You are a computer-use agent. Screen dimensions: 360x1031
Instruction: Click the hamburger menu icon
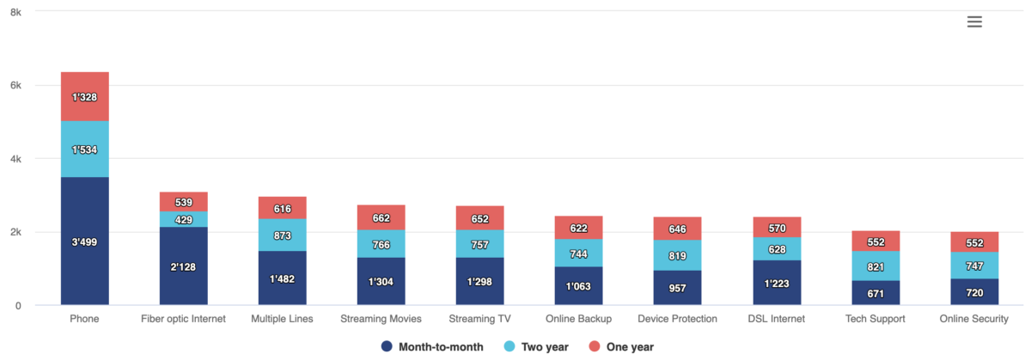click(x=974, y=22)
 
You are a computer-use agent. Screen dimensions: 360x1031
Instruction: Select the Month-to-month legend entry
click(x=431, y=346)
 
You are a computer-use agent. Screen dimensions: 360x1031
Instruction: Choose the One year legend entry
click(x=623, y=346)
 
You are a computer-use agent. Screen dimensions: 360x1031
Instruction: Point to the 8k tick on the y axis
click(x=15, y=12)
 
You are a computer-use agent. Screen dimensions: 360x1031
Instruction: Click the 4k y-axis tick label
click(x=15, y=159)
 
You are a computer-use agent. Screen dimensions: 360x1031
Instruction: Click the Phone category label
click(x=84, y=319)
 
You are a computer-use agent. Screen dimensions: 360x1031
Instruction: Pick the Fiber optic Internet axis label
click(x=183, y=319)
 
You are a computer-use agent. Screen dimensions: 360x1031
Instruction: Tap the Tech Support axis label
click(x=875, y=319)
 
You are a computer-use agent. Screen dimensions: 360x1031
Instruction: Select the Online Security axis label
click(x=974, y=319)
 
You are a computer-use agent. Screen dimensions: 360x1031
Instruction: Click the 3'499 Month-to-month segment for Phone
click(x=84, y=241)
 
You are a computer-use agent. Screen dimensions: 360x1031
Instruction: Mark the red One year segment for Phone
click(x=84, y=97)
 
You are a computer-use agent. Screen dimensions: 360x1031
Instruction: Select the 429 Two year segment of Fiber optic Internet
click(x=184, y=220)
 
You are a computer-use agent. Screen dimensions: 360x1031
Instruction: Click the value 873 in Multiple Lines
click(x=283, y=235)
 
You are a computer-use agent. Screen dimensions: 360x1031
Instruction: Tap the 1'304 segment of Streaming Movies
click(x=381, y=281)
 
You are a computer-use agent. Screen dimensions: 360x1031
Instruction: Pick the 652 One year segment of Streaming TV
click(x=480, y=218)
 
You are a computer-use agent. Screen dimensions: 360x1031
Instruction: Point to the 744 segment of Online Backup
click(x=579, y=253)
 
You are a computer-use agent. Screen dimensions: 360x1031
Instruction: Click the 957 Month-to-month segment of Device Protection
click(x=678, y=288)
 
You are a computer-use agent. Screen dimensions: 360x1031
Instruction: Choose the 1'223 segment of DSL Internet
click(x=777, y=283)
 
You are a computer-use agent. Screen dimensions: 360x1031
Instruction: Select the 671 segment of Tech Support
click(x=875, y=293)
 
